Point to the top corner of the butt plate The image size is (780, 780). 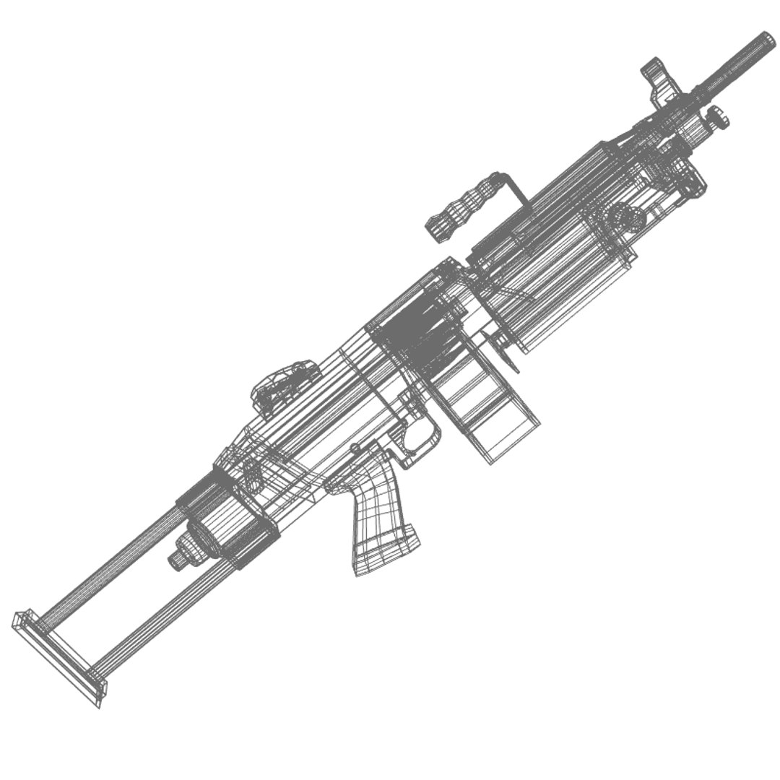click(x=19, y=617)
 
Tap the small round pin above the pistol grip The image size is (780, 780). click(x=355, y=449)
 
